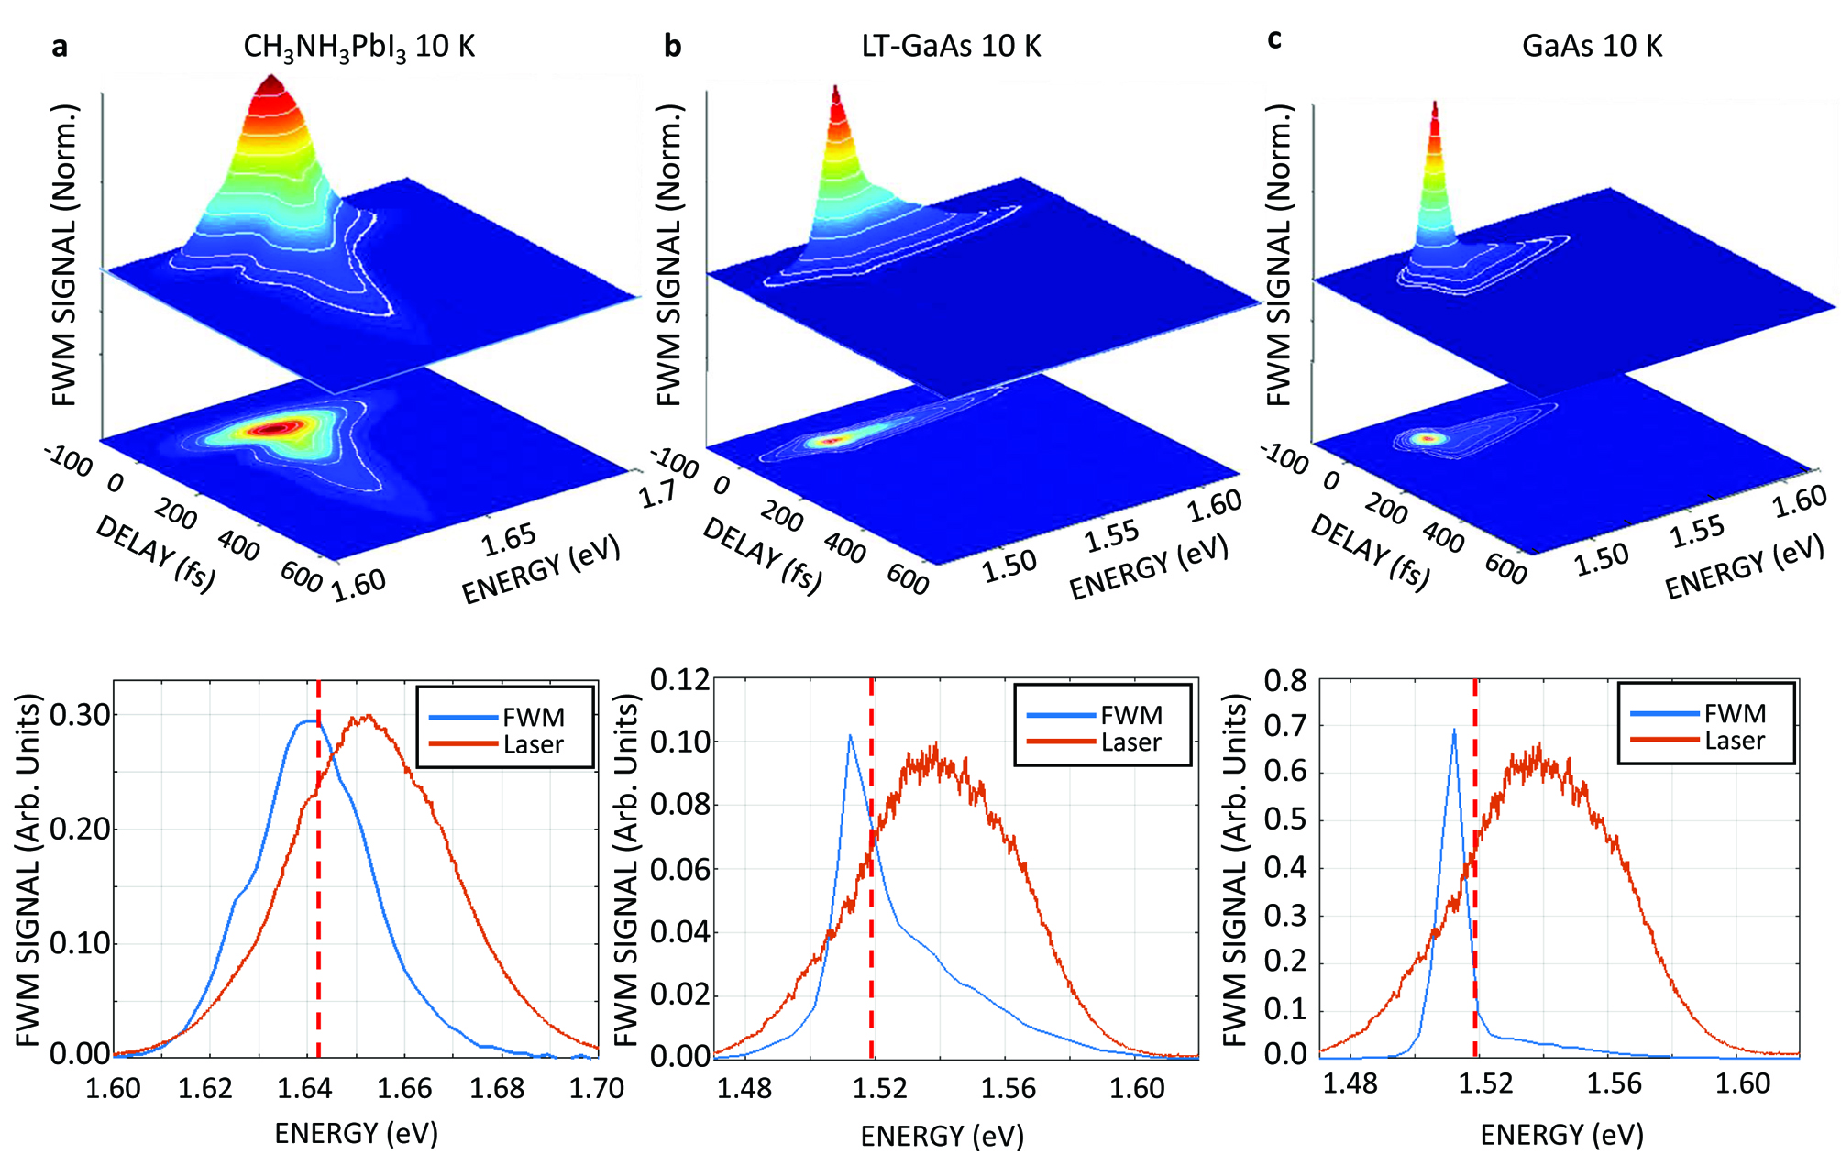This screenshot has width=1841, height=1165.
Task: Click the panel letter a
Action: point(60,46)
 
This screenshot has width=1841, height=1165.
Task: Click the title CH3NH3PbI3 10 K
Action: point(358,47)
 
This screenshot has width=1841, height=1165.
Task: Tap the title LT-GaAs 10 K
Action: point(951,46)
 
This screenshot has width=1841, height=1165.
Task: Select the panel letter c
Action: point(1273,39)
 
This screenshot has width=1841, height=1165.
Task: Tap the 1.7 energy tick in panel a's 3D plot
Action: point(657,496)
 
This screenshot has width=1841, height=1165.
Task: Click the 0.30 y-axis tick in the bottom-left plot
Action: point(80,715)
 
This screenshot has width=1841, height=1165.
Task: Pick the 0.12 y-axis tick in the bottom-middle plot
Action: point(679,680)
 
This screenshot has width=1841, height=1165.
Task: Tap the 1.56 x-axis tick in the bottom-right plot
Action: point(1614,1084)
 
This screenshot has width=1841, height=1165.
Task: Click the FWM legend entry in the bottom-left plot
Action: point(533,717)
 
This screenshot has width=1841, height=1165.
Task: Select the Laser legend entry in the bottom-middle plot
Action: point(1130,742)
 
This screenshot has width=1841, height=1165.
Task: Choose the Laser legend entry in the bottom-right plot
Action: point(1734,741)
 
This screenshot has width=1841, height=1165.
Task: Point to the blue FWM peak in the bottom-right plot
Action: point(1453,731)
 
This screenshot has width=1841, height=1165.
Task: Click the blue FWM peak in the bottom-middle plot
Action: point(850,736)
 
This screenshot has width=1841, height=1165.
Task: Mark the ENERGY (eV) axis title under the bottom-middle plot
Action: point(942,1137)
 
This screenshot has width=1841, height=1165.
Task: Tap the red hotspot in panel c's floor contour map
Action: point(1427,439)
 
